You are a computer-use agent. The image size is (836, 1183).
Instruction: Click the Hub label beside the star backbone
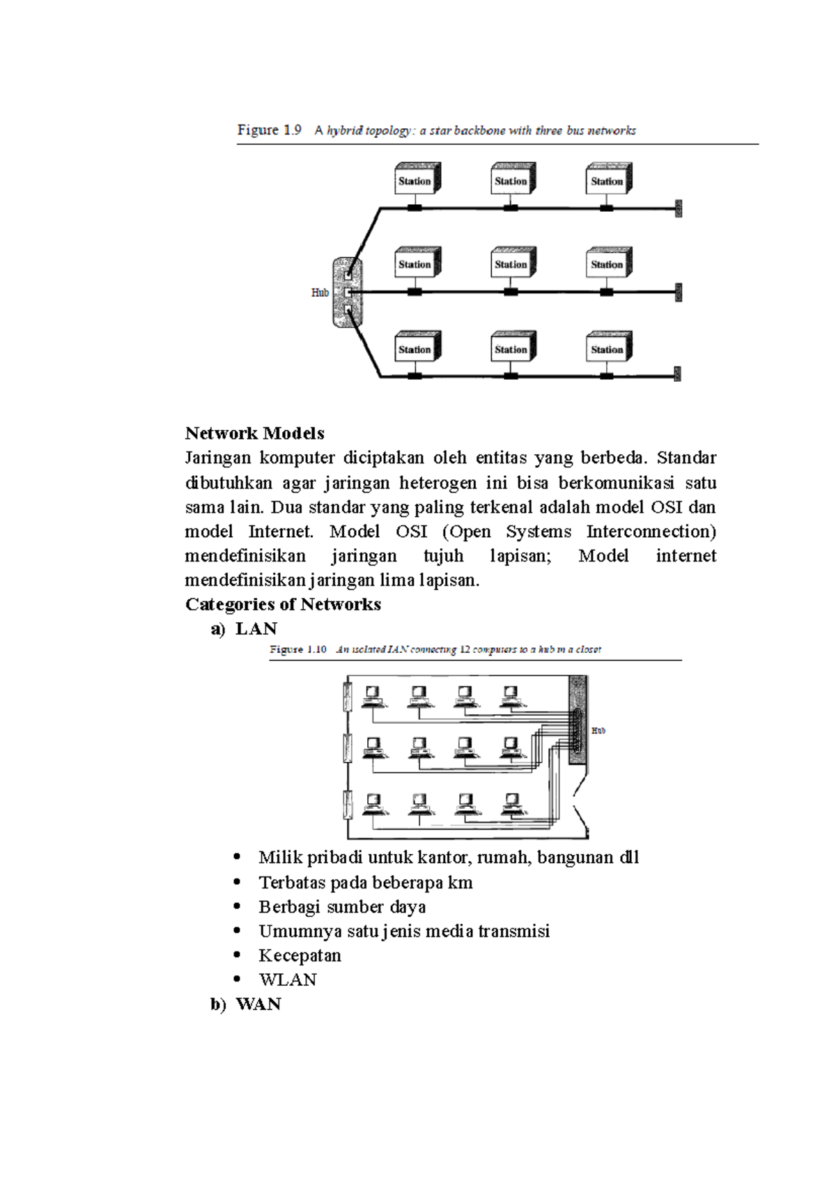pos(320,293)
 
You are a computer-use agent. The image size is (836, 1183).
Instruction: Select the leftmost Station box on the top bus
pos(416,180)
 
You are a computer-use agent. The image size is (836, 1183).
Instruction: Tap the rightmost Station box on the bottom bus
pos(608,348)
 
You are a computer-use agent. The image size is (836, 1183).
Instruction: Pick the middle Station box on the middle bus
pos(512,264)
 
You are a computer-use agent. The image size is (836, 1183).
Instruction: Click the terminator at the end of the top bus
pos(678,208)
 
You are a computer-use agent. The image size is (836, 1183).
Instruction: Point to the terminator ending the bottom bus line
pos(677,375)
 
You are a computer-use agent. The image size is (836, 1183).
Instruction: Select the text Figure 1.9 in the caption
pos(269,130)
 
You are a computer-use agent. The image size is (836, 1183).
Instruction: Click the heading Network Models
pos(254,433)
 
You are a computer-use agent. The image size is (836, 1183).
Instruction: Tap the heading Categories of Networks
pos(283,604)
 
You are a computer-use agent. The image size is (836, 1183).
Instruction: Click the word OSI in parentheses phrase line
pos(411,532)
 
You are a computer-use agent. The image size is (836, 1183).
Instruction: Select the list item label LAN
pos(256,628)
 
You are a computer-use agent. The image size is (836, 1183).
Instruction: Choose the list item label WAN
pos(258,1004)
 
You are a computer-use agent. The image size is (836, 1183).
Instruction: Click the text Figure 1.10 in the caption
pos(298,649)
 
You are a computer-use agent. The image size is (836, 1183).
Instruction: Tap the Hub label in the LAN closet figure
pos(598,731)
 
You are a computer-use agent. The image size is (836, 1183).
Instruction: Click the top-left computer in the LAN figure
pos(373,696)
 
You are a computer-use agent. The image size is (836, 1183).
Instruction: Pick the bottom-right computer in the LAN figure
pos(512,804)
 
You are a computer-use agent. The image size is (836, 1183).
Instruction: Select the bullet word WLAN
pos(287,980)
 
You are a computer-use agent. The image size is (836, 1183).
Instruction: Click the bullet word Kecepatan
pos(300,955)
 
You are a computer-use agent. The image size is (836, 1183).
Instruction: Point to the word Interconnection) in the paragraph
pos(651,532)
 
